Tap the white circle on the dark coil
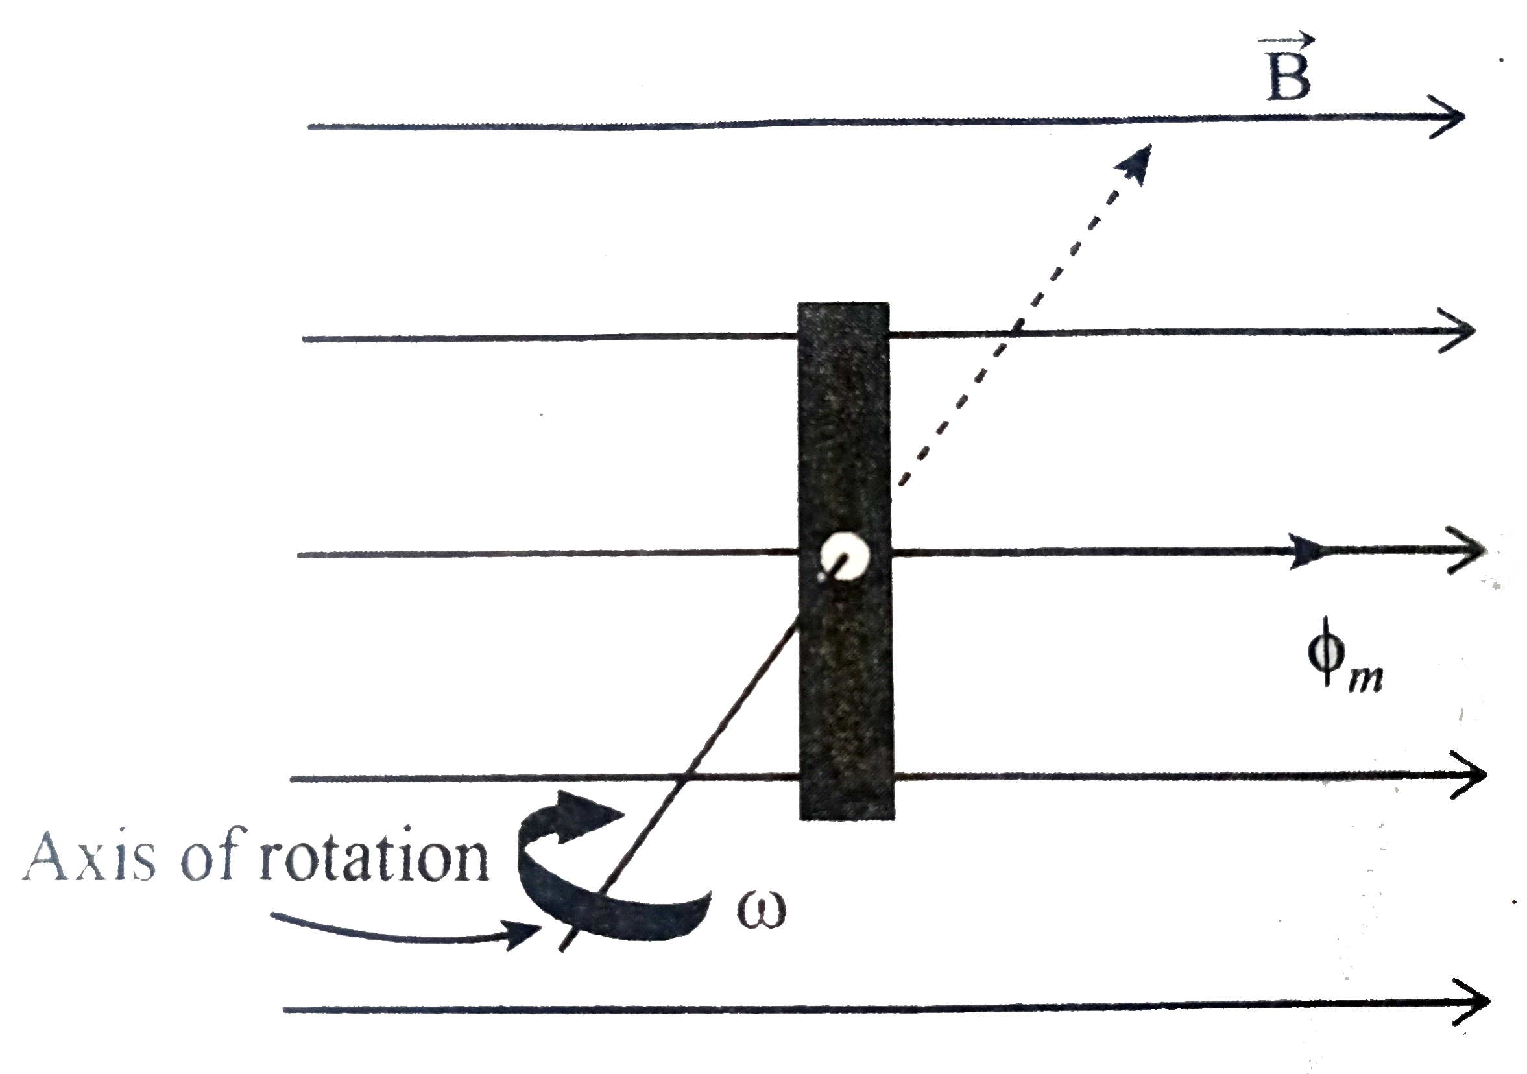coord(844,556)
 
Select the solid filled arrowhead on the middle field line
coord(1305,551)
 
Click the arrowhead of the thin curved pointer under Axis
coord(525,935)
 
